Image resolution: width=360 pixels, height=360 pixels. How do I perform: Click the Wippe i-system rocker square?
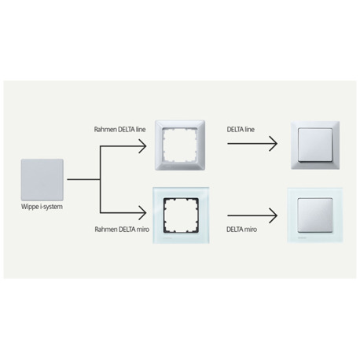[42, 180]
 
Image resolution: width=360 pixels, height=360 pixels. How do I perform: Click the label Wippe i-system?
[42, 207]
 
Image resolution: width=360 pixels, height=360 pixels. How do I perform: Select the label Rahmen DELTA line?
[119, 129]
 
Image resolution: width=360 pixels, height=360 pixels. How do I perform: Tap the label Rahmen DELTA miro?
[122, 230]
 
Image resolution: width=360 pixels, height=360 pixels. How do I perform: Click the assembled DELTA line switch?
[315, 145]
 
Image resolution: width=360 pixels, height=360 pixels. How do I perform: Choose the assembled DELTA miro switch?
[315, 215]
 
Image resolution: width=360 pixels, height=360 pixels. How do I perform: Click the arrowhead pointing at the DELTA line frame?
[143, 146]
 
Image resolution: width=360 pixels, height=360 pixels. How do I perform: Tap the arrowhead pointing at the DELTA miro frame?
[143, 213]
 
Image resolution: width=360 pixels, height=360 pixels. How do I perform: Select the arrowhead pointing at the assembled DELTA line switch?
[274, 144]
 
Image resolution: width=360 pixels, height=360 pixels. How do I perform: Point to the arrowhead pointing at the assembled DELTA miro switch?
[274, 215]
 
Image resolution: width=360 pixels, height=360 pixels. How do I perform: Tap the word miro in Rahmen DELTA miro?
[143, 230]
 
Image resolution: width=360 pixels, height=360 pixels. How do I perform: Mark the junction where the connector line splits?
[100, 179]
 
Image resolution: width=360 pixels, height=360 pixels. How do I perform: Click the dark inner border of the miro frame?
[164, 215]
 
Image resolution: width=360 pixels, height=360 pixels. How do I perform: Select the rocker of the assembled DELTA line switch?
[315, 145]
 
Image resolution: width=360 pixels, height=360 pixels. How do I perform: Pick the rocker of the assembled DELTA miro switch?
[315, 215]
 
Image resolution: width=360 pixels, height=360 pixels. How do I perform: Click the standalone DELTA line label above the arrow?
[241, 129]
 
